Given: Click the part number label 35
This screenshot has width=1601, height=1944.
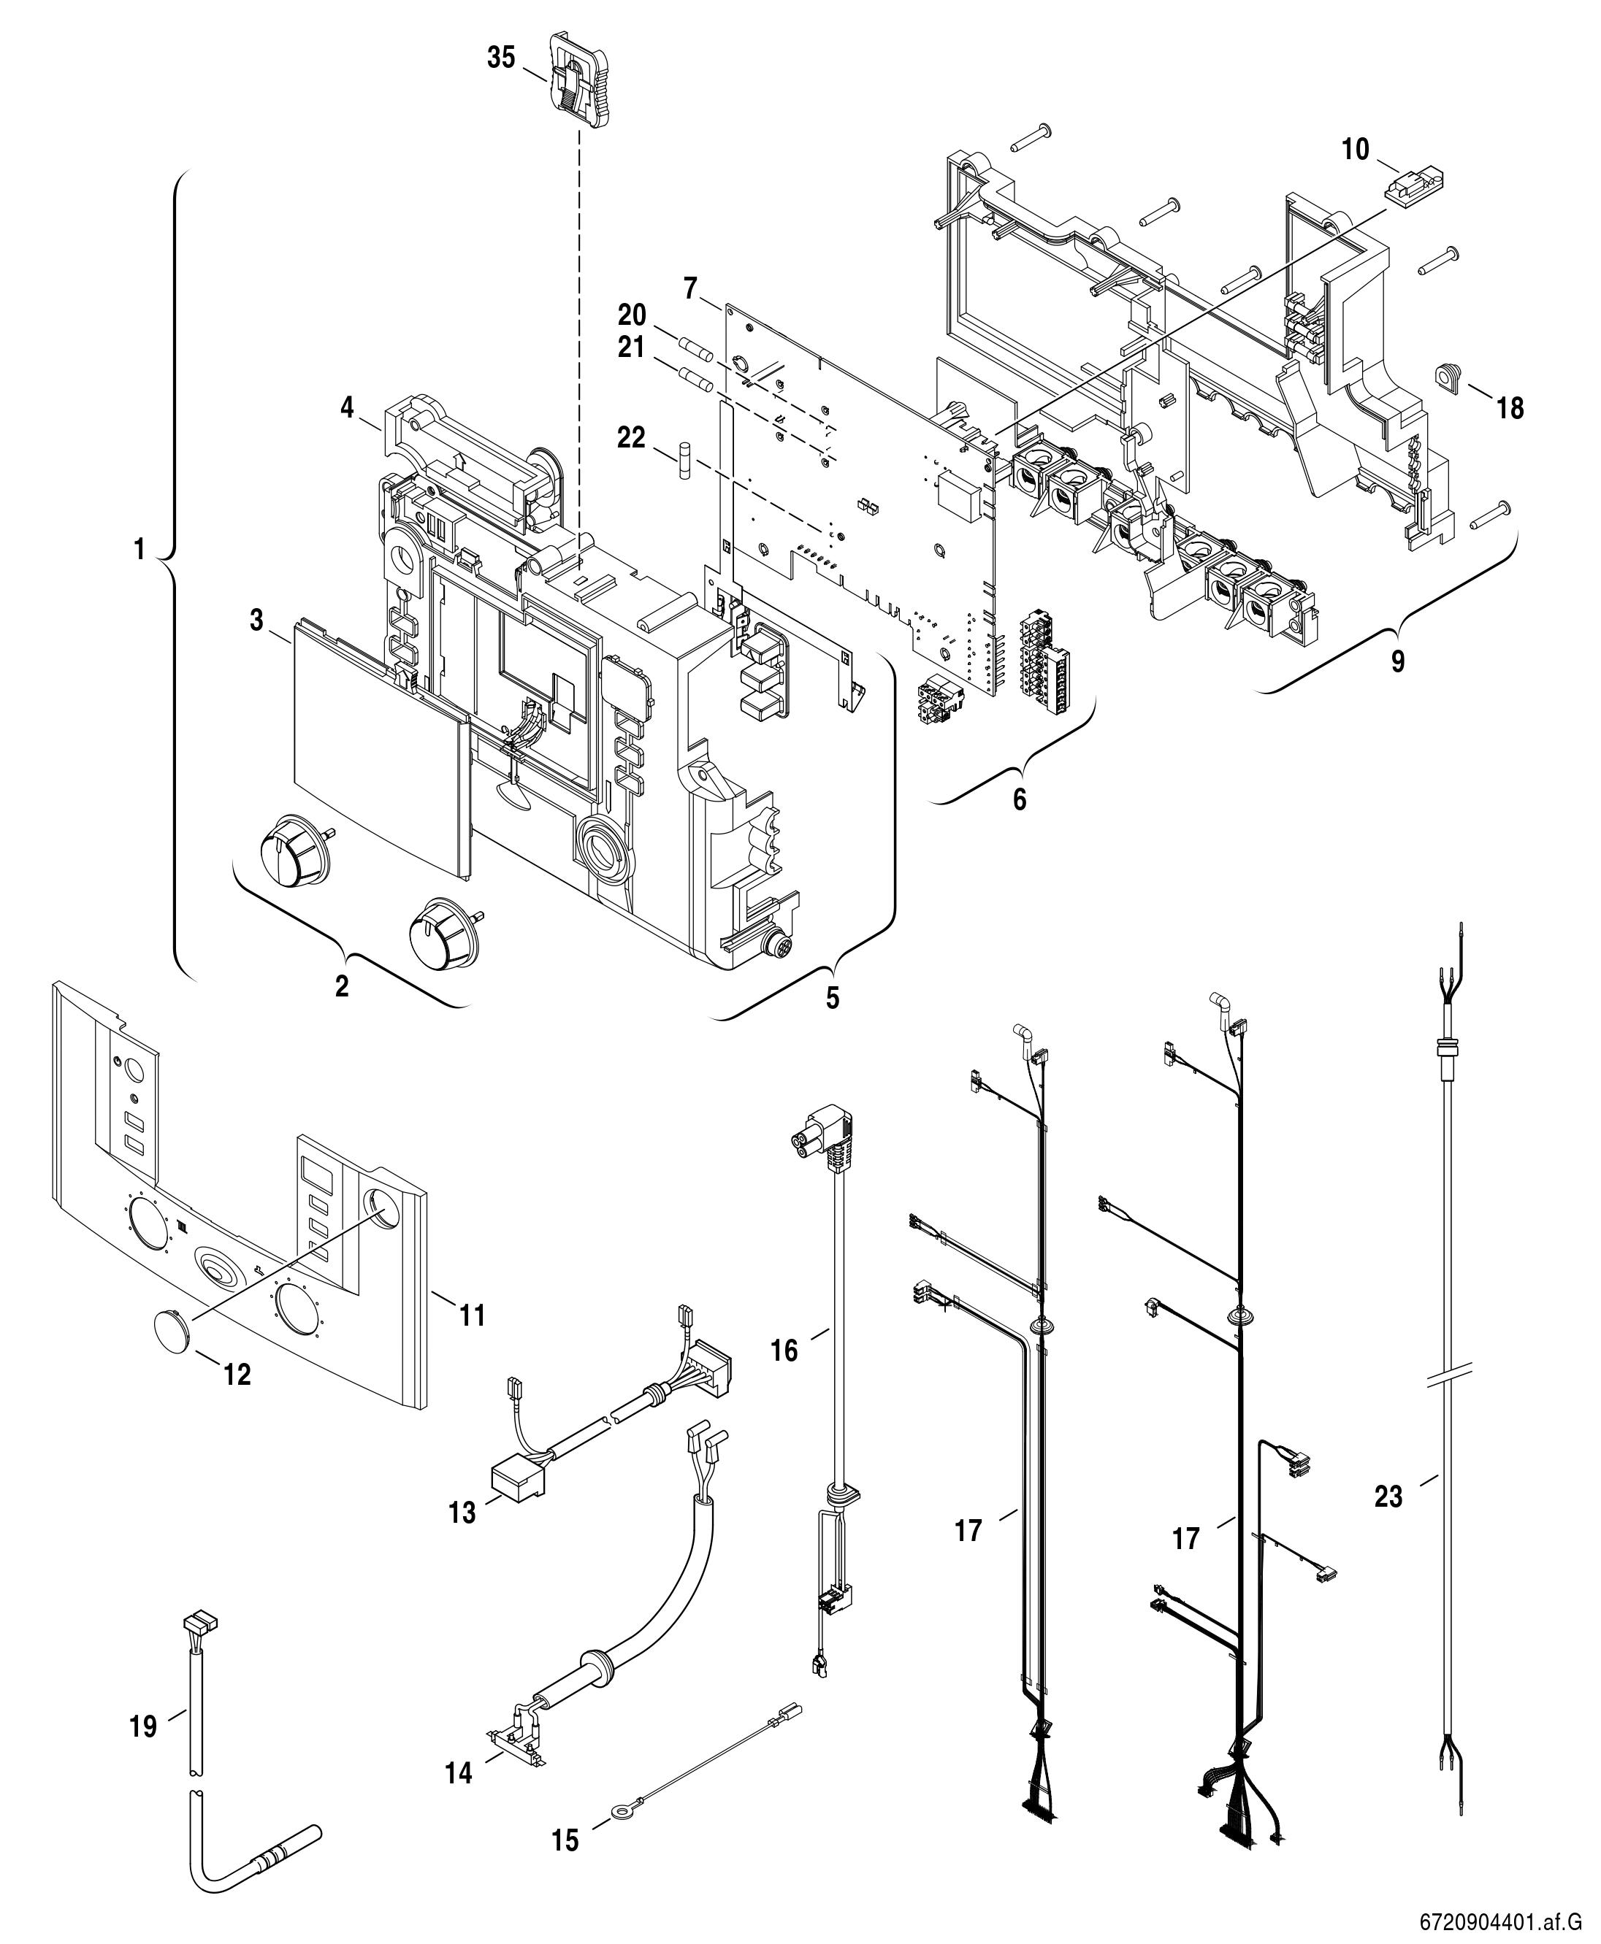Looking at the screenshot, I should coord(502,57).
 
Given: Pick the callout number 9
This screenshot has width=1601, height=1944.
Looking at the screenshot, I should coord(1398,662).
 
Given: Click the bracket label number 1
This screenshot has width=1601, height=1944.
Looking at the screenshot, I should coord(140,550).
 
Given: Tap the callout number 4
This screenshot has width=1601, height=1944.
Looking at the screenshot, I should coord(347,407).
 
